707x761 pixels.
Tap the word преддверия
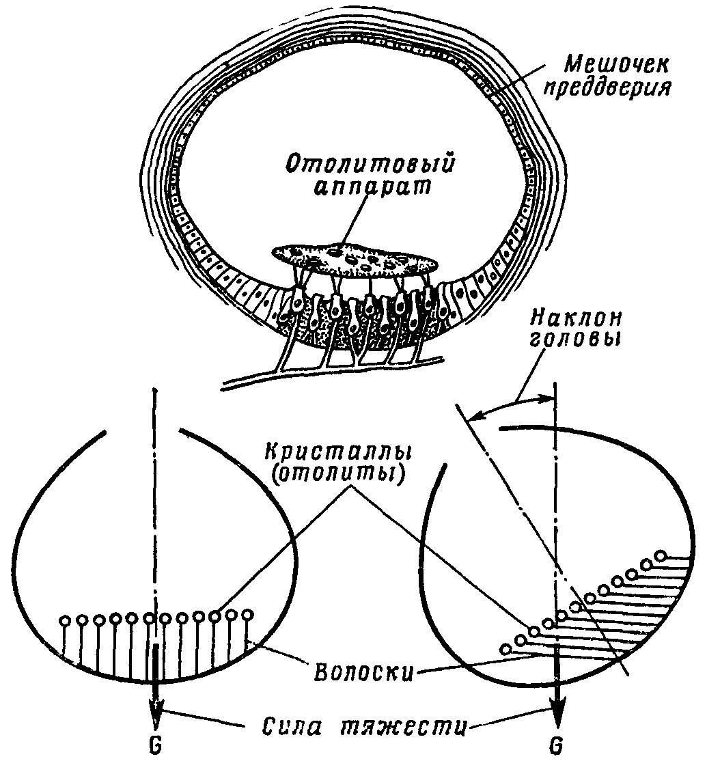[613, 89]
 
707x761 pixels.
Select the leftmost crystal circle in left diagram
[66, 622]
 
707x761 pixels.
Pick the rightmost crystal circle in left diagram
[247, 614]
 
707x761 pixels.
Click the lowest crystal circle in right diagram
[506, 649]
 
